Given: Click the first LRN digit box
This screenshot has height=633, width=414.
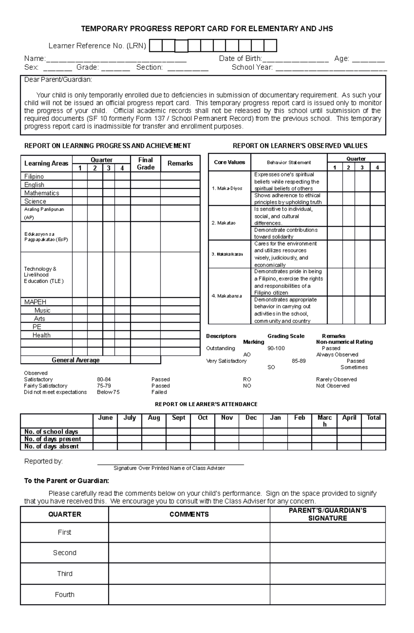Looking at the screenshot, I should click(156, 46).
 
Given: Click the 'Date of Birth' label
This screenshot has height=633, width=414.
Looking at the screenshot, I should click(240, 59).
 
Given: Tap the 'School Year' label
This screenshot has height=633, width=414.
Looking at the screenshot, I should click(252, 67).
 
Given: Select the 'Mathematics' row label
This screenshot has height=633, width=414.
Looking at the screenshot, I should click(41, 193).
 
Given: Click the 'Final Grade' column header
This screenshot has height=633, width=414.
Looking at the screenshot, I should click(145, 164).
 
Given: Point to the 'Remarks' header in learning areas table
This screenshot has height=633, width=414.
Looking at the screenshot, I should click(180, 164).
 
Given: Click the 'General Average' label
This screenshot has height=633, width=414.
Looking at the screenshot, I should click(76, 360).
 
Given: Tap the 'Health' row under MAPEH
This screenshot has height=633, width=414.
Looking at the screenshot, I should click(41, 335).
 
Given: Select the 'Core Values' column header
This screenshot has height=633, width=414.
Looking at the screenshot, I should click(229, 162).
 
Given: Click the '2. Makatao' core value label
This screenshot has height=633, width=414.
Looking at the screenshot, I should click(224, 223).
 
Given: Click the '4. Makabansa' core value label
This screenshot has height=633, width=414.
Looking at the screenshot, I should click(227, 296).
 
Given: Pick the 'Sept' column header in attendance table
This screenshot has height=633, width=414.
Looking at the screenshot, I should click(178, 418).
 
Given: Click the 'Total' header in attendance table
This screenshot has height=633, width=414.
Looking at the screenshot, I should click(373, 418).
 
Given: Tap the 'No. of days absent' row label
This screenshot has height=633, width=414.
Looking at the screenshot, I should click(51, 446).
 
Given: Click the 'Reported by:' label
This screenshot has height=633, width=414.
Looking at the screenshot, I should click(43, 462).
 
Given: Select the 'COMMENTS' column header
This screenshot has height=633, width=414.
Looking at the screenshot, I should click(189, 514).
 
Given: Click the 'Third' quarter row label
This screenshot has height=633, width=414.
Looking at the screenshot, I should click(65, 574).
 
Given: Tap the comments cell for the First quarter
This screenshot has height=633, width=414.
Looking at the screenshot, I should click(189, 532).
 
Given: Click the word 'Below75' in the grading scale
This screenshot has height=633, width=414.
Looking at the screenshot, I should click(108, 392).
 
